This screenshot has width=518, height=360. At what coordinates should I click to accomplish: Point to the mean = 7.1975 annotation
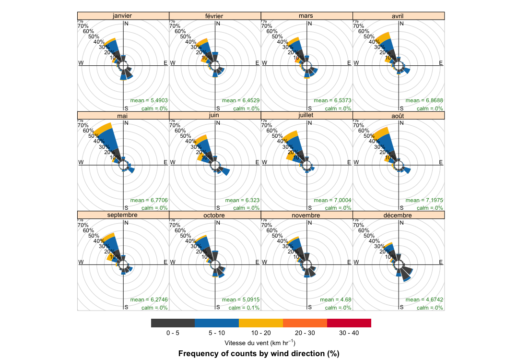tap(424, 200)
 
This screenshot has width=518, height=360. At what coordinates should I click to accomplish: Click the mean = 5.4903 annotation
tap(149, 100)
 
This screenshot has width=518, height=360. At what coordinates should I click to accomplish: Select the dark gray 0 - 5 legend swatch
tap(173, 323)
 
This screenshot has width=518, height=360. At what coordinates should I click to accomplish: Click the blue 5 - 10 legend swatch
tap(217, 323)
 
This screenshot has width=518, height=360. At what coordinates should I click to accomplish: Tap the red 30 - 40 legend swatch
tap(349, 323)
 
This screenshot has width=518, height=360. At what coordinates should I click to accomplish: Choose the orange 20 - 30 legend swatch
tap(305, 323)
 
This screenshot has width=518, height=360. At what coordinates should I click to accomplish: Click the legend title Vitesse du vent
tap(259, 343)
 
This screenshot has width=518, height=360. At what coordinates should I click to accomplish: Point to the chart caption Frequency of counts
tap(259, 354)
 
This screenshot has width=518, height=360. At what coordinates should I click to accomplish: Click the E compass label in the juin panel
tap(257, 163)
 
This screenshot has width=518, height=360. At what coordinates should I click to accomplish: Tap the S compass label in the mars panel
tap(310, 108)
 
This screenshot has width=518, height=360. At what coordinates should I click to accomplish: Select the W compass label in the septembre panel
tap(81, 263)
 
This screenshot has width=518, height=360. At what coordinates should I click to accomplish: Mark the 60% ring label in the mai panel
tap(88, 131)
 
